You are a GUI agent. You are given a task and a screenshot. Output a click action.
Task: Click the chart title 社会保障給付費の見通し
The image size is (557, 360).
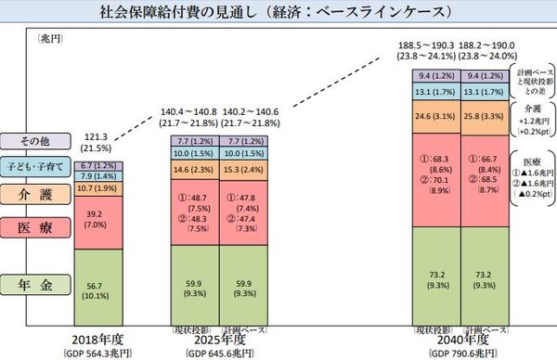click(x=278, y=11)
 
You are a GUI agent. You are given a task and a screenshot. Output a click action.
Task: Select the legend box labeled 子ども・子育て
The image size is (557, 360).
click(x=33, y=166)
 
